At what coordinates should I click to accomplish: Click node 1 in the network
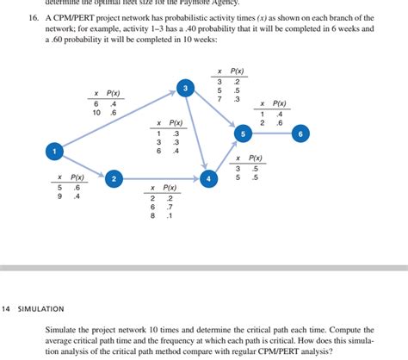(53, 152)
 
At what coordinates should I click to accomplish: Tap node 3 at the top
(184, 88)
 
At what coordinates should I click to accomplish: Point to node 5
(243, 134)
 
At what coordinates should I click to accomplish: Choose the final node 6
(300, 134)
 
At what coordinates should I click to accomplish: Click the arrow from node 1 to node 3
(119, 120)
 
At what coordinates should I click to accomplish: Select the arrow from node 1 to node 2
(84, 165)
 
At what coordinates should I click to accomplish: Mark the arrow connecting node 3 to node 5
(213, 111)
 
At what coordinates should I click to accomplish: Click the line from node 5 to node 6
(271, 134)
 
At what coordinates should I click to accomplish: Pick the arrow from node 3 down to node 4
(196, 133)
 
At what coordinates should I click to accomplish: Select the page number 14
(6, 308)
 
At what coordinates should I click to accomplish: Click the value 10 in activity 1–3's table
(96, 113)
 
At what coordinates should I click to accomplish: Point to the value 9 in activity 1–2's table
(60, 196)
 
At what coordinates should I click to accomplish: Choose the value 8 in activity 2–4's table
(153, 215)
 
